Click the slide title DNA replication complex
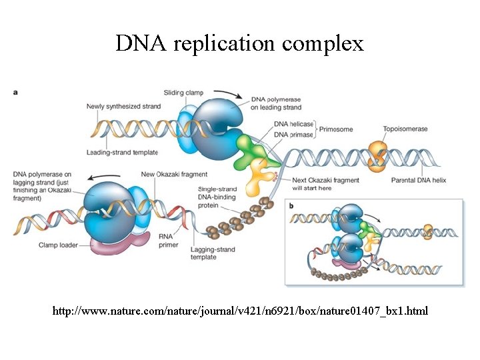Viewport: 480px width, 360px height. coord(239,43)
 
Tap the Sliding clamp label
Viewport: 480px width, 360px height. coord(183,93)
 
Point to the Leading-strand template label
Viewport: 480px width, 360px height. coord(122,153)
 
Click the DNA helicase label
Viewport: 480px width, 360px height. coord(291,124)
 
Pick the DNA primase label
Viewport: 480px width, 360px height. coord(291,134)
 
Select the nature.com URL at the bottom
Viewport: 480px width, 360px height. coord(240,311)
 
